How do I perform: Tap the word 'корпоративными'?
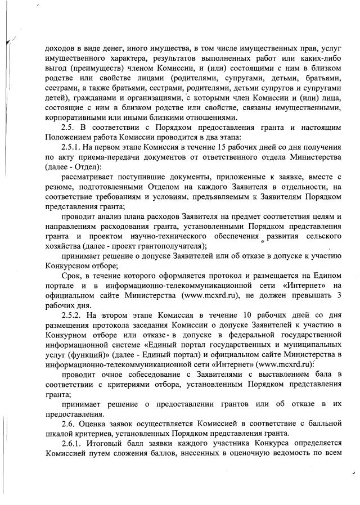[x=75, y=118]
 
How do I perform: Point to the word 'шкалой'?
[x=59, y=434]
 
